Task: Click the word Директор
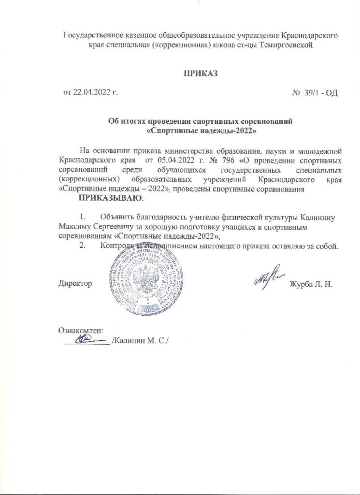click(75, 283)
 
